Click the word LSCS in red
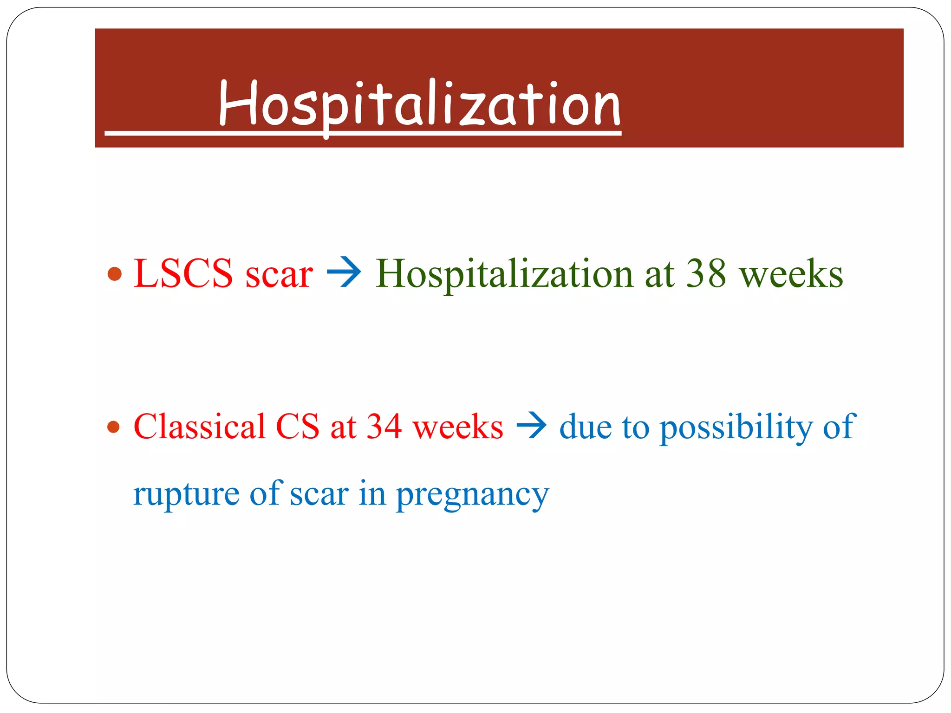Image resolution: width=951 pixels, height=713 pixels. (x=183, y=274)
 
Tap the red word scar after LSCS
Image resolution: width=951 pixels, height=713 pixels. (x=279, y=275)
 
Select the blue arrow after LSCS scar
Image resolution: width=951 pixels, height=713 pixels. (x=344, y=272)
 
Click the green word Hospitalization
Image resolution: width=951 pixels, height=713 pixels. (x=504, y=275)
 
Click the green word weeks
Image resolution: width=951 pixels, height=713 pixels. (x=791, y=274)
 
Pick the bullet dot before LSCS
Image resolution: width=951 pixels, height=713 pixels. (x=114, y=274)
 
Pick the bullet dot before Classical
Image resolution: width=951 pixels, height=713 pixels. (x=113, y=427)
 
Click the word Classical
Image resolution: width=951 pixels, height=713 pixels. (x=199, y=426)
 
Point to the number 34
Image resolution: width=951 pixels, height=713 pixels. (x=384, y=426)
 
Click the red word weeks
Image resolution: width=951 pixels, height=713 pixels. (x=458, y=427)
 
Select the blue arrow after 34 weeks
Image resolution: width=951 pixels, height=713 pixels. (x=531, y=425)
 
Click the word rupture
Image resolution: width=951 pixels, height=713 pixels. (x=186, y=495)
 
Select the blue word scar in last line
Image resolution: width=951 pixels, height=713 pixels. (x=319, y=495)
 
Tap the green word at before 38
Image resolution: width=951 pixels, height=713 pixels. (x=659, y=274)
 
